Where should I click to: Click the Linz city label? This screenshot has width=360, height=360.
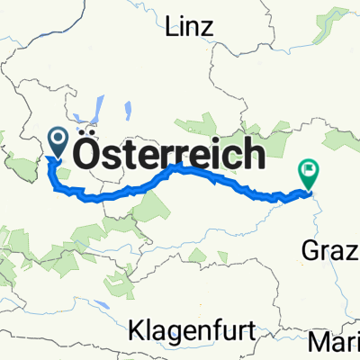pyautogui.click(x=190, y=27)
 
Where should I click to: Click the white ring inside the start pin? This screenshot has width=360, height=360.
pyautogui.click(x=58, y=138)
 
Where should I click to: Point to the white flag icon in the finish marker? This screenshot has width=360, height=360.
pyautogui.click(x=309, y=166)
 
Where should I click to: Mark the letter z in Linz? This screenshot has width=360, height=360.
pyautogui.click(x=209, y=27)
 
